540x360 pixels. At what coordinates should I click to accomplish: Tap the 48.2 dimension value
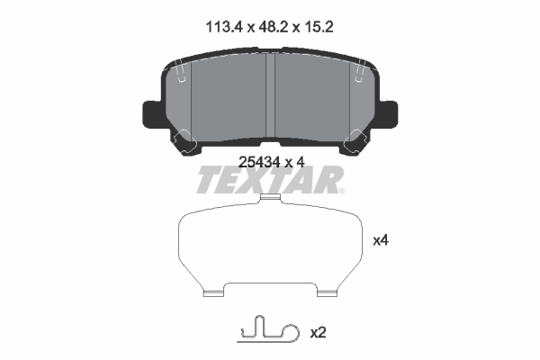[x=274, y=27]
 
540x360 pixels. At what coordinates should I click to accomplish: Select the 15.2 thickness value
[x=319, y=27]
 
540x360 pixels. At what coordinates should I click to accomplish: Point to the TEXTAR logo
[x=270, y=180]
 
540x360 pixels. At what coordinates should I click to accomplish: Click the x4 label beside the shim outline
[x=381, y=240]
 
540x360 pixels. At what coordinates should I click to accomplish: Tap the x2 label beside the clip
[x=318, y=333]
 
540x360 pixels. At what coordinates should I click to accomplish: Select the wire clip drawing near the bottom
[x=268, y=330]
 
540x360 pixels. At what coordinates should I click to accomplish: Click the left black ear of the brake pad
[x=151, y=113]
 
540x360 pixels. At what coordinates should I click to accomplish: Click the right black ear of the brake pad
[x=389, y=113]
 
